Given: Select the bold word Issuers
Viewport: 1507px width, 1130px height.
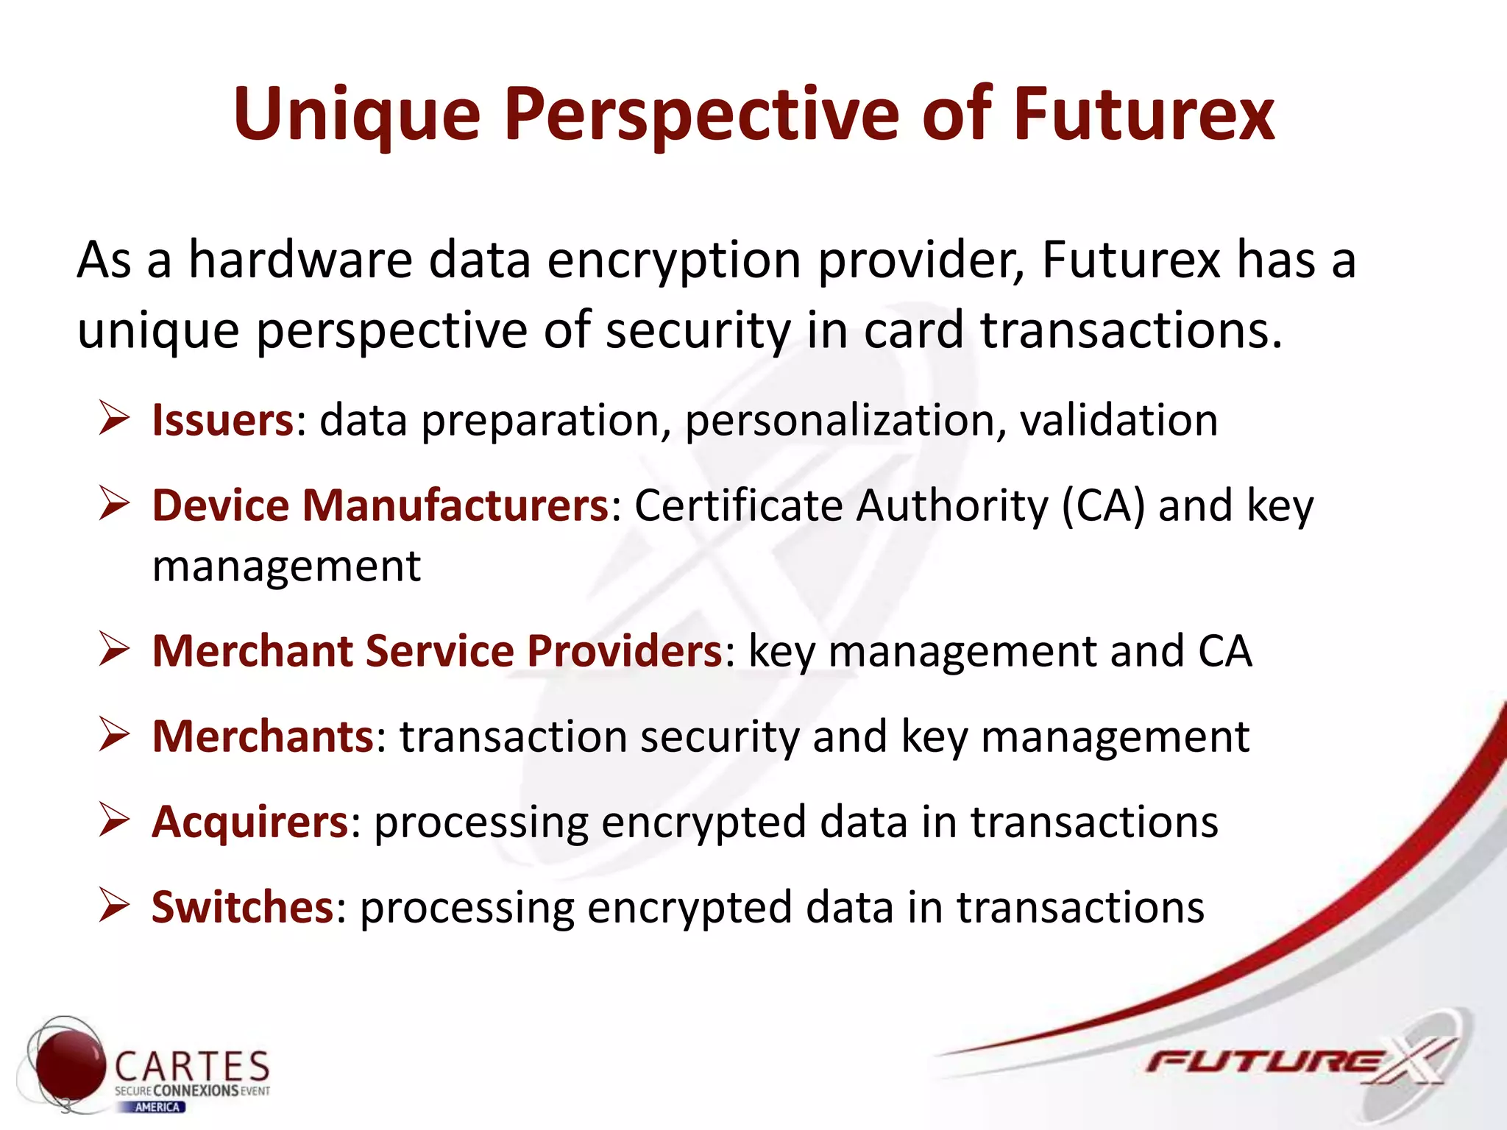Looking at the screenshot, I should click(x=222, y=420).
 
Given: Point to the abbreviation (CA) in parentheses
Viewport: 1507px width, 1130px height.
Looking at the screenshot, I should click(x=1103, y=506).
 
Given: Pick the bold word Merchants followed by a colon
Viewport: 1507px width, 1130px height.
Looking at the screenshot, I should click(x=263, y=736).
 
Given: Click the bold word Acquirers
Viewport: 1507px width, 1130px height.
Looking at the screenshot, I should click(x=249, y=822).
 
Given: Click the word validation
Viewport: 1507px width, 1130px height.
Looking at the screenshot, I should click(x=1118, y=420).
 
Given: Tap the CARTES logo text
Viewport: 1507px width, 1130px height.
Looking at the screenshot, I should click(x=193, y=1066).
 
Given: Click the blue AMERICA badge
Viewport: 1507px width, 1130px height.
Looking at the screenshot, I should click(x=157, y=1107).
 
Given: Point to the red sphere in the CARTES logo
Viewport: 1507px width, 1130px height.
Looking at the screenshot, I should click(x=71, y=1065).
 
